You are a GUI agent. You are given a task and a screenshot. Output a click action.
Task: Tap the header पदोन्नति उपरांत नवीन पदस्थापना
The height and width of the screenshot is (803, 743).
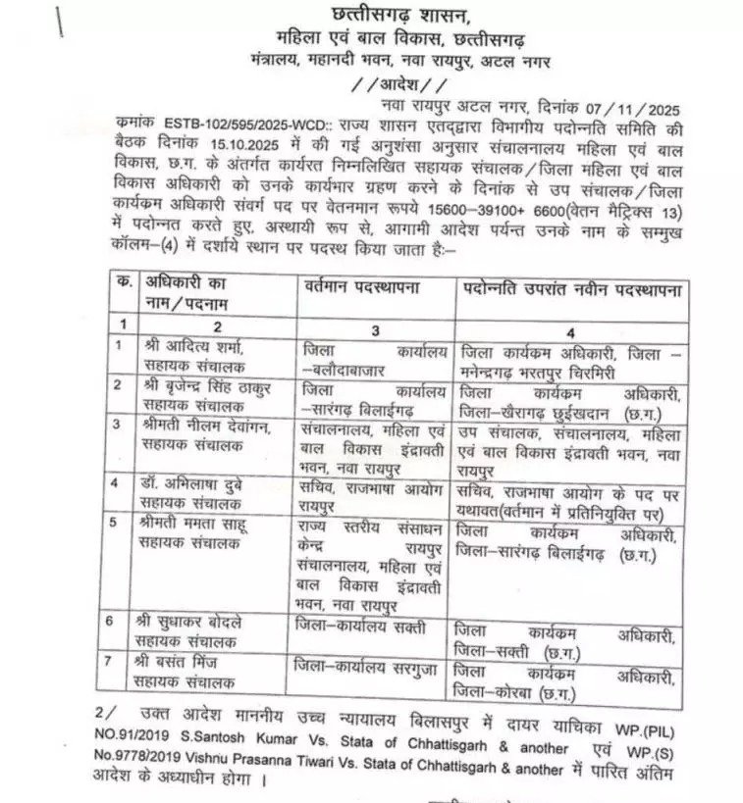pyautogui.click(x=574, y=289)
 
